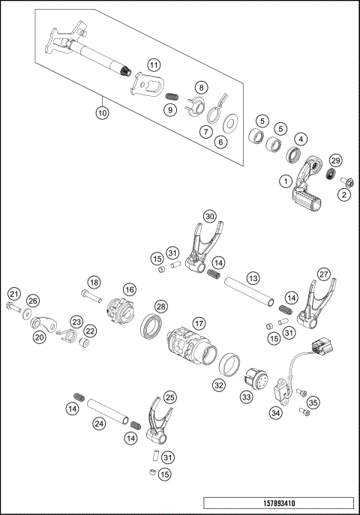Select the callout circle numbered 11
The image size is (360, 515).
(153, 66)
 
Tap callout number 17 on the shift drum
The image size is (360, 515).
(199, 323)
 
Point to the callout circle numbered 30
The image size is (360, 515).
(211, 215)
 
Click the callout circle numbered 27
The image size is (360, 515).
(323, 274)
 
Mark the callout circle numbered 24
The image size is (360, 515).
(98, 423)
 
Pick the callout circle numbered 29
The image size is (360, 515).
(336, 161)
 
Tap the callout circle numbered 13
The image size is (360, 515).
(253, 278)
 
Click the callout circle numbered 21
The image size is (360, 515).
(14, 293)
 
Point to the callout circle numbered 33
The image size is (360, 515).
(246, 397)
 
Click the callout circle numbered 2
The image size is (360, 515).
(344, 195)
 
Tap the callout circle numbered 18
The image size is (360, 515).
(94, 282)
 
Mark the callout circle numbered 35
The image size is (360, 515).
(313, 402)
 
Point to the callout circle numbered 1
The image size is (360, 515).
(286, 181)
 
